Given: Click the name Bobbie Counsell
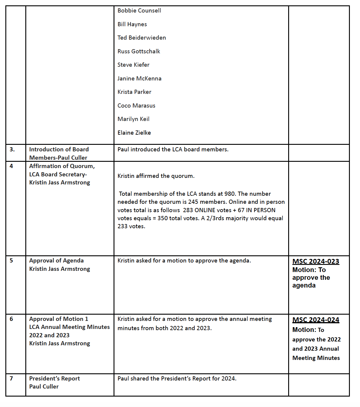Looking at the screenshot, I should pyautogui.click(x=139, y=11).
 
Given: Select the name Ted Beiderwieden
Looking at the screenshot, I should pyautogui.click(x=142, y=38).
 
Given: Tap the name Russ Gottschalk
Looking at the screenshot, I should pyautogui.click(x=139, y=52).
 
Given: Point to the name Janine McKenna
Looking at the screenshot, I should pyautogui.click(x=139, y=79).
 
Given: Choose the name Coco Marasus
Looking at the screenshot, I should pyautogui.click(x=136, y=106).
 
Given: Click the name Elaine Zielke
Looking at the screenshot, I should pyautogui.click(x=134, y=133).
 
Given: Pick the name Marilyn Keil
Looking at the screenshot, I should pyautogui.click(x=133, y=119).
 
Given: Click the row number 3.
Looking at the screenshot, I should pyautogui.click(x=12, y=150).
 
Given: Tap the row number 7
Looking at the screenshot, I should pyautogui.click(x=11, y=379).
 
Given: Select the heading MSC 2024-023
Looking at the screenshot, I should pyautogui.click(x=316, y=262).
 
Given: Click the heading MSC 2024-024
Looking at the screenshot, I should pyautogui.click(x=316, y=320).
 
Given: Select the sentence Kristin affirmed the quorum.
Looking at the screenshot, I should pyautogui.click(x=156, y=176).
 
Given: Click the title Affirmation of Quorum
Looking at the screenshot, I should pyautogui.click(x=62, y=166).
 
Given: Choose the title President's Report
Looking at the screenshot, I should pyautogui.click(x=55, y=379).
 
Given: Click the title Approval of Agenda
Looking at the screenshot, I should pyautogui.click(x=56, y=261).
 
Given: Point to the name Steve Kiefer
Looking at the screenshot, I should pyautogui.click(x=133, y=65).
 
